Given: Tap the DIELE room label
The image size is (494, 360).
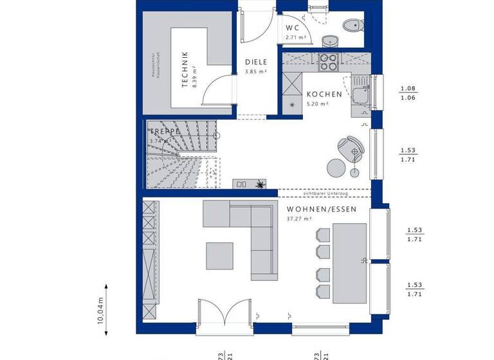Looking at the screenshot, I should [255, 62].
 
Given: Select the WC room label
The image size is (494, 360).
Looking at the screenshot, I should [293, 28].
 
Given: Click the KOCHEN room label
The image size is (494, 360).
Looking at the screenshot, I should [324, 94].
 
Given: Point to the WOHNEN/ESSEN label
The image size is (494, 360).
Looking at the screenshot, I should [320, 209].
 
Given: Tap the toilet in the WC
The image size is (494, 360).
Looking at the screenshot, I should [352, 26].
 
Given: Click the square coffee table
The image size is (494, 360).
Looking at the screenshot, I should [220, 255].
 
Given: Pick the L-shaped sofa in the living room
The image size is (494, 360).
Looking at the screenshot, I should [248, 231].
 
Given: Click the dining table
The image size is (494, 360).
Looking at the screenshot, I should [349, 262].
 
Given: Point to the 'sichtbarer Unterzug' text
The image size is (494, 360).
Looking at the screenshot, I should [325, 192].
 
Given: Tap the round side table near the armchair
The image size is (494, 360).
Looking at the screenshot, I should [336, 168].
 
